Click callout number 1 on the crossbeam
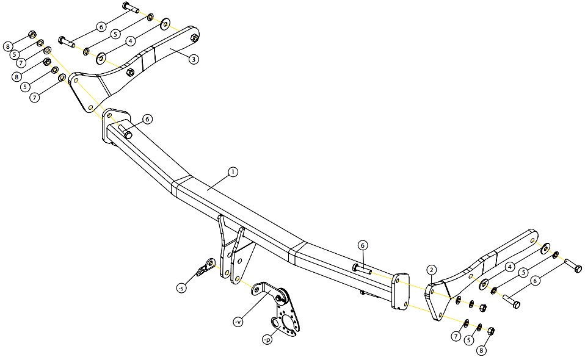click(233, 172)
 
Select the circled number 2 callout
click(431, 270)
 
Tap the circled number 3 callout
click(193, 59)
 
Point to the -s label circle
click(181, 288)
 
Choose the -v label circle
click(238, 321)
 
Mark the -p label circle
click(267, 340)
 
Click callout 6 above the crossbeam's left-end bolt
click(147, 119)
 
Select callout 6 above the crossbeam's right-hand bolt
click(363, 245)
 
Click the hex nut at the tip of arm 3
click(194, 38)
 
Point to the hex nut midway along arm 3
click(130, 72)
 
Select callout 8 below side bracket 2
click(482, 350)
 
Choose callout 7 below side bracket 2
click(456, 337)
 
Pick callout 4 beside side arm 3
click(130, 41)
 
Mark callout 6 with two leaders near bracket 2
click(535, 281)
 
